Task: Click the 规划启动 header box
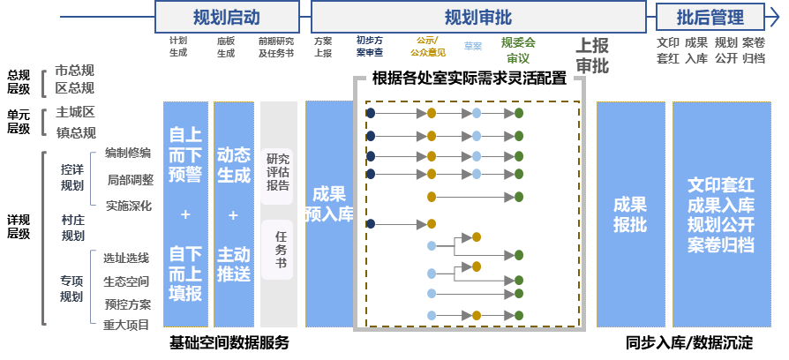pos(227,17)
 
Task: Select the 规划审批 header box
pos(477,17)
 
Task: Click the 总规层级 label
pos(19,81)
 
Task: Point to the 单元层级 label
pos(19,122)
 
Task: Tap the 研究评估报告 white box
pos(278,173)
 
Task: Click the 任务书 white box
pos(278,249)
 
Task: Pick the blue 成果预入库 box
pos(329,203)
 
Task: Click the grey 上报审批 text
pos(591,56)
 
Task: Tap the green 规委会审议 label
pos(518,49)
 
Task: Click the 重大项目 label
pos(126,325)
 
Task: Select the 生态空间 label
pos(126,281)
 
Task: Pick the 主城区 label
pos(75,113)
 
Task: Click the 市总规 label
pos(75,71)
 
